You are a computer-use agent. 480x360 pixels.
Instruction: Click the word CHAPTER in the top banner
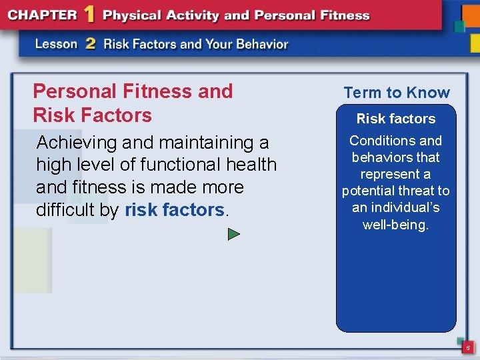click(43, 15)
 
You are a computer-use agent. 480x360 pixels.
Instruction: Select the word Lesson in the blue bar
click(57, 45)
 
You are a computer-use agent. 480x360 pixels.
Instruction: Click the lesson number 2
click(91, 44)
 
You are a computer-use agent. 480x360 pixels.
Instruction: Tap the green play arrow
click(233, 234)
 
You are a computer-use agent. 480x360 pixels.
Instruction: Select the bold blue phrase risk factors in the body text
click(175, 210)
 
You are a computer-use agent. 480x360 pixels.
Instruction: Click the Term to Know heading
click(397, 93)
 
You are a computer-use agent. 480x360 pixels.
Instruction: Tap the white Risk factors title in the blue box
click(396, 119)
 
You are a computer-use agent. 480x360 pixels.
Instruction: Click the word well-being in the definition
click(395, 225)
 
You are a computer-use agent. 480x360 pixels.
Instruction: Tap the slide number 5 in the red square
click(468, 348)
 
